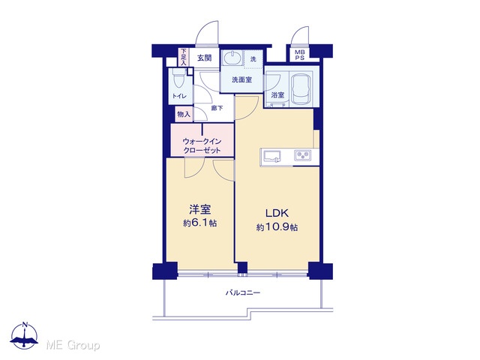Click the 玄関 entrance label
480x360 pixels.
204,58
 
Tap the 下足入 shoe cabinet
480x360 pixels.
183,57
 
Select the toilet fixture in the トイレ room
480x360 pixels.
178,78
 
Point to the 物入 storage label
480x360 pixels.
184,115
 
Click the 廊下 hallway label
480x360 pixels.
217,108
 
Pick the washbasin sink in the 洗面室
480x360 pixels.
232,58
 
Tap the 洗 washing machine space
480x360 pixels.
253,58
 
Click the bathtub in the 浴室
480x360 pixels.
301,89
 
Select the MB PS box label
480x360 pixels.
300,55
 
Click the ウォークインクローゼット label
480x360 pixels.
202,145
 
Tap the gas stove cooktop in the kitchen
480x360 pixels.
303,155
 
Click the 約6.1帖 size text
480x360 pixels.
200,223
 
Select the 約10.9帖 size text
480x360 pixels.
277,227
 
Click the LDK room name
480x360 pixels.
277,213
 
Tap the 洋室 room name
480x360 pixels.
200,210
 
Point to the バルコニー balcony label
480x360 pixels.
243,293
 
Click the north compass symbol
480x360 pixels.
25,335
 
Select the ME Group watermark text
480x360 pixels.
73,345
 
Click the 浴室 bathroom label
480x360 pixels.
277,95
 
